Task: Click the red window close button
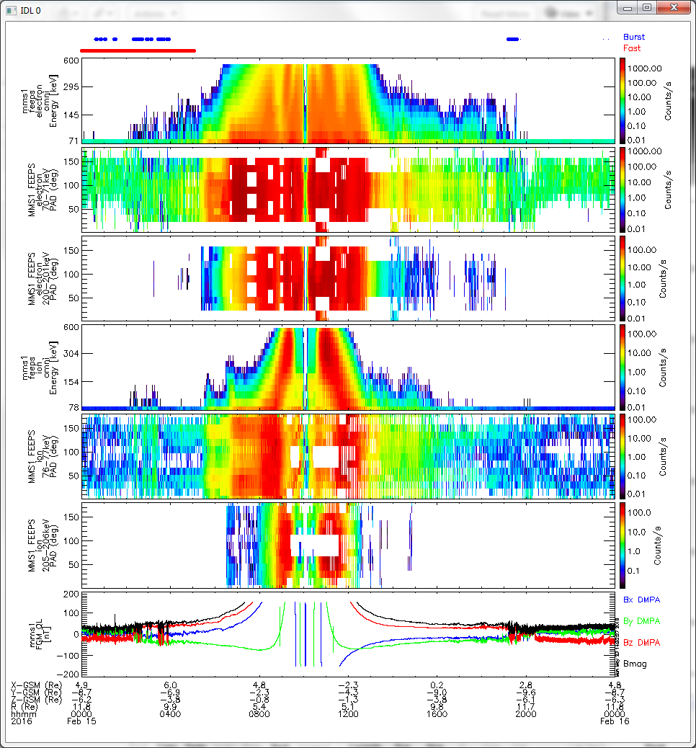[x=672, y=8]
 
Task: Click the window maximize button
[x=646, y=8]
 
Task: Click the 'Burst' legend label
[x=634, y=37]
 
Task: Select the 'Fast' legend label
[x=632, y=48]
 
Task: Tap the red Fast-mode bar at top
[x=138, y=50]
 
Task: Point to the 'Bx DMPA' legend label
[x=641, y=600]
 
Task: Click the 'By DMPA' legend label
[x=641, y=620]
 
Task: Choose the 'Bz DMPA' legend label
[x=641, y=642]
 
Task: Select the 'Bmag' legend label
[x=634, y=663]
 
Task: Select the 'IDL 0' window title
[x=28, y=9]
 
